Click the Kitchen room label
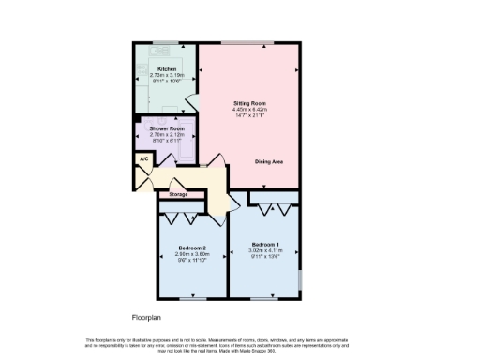click(x=167, y=69)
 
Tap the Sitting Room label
click(x=250, y=103)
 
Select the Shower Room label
click(x=163, y=129)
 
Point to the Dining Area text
click(x=269, y=161)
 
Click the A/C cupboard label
click(x=143, y=159)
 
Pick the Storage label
click(x=178, y=194)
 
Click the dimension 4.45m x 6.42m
click(x=250, y=110)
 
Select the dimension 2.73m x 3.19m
click(x=167, y=75)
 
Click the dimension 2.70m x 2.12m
click(x=163, y=135)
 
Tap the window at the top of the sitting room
click(x=247, y=41)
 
